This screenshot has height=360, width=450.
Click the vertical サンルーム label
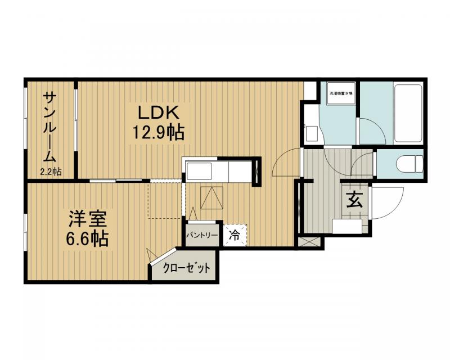pyautogui.click(x=51, y=127)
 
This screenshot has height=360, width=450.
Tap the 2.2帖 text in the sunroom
pyautogui.click(x=51, y=171)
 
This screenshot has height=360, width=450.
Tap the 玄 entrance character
pyautogui.click(x=354, y=200)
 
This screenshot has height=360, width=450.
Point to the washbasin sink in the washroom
pyautogui.click(x=311, y=134)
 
